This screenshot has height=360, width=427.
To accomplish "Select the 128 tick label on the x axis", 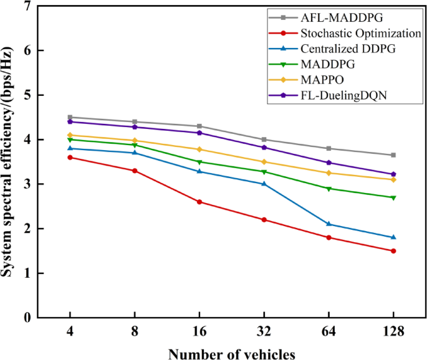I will pyautogui.click(x=393, y=333).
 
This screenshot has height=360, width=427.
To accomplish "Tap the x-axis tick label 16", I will pyautogui.click(x=199, y=333).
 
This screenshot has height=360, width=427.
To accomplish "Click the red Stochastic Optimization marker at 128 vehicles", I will pyautogui.click(x=393, y=251).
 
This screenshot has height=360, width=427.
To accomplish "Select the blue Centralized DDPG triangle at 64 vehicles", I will pyautogui.click(x=329, y=224).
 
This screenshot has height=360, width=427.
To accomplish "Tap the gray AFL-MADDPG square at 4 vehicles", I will pyautogui.click(x=70, y=117).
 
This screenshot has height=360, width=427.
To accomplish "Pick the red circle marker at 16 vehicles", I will pyautogui.click(x=199, y=202).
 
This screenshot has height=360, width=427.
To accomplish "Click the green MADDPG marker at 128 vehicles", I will pyautogui.click(x=393, y=197).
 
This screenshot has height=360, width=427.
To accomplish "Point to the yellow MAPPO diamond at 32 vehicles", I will pyautogui.click(x=264, y=162).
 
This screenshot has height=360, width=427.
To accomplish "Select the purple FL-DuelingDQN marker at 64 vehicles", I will pyautogui.click(x=329, y=163).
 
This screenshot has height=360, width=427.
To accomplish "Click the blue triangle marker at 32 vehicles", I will pyautogui.click(x=264, y=184).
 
